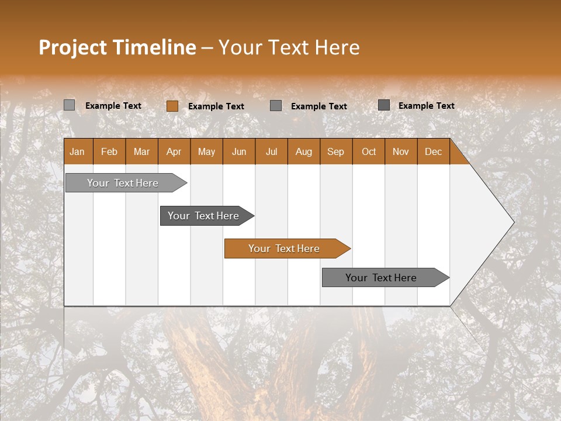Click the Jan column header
77,151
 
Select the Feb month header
109,151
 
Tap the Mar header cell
141,151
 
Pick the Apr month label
174,151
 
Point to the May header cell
206,151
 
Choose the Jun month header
239,151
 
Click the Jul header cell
271,151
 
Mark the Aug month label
303,151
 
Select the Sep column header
335,151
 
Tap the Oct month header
369,151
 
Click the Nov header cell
401,151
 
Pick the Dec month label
433,151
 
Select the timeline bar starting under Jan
123,183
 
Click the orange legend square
172,106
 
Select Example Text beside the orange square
216,106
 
